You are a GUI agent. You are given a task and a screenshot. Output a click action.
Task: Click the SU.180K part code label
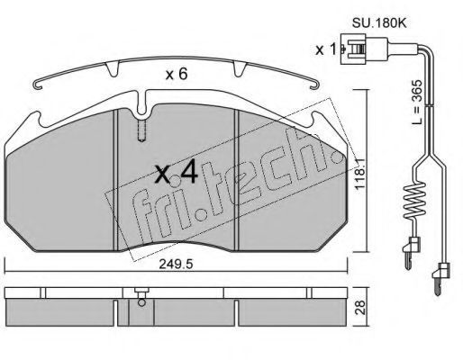(x=379, y=23)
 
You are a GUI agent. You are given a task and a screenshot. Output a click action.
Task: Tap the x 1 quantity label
(x=326, y=49)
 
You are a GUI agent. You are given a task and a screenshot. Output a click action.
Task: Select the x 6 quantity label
(x=177, y=74)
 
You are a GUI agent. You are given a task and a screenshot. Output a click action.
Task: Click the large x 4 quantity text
(x=177, y=172)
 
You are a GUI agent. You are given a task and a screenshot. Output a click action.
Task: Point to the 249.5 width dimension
(x=177, y=265)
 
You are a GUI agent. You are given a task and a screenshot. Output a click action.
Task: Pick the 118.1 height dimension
(x=360, y=174)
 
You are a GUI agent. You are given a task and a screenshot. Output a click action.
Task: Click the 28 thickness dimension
(x=361, y=307)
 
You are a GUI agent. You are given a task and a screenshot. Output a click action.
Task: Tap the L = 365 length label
(x=416, y=103)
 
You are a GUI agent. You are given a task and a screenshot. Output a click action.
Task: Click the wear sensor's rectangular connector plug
(x=353, y=49)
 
